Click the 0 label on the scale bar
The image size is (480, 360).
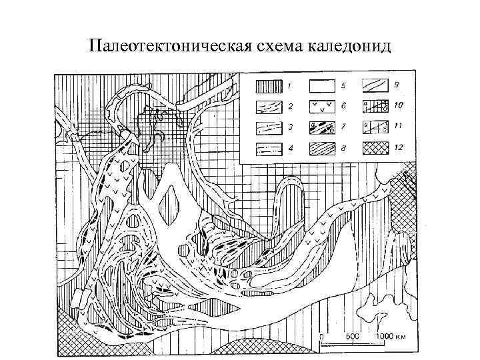coord(321,335)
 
